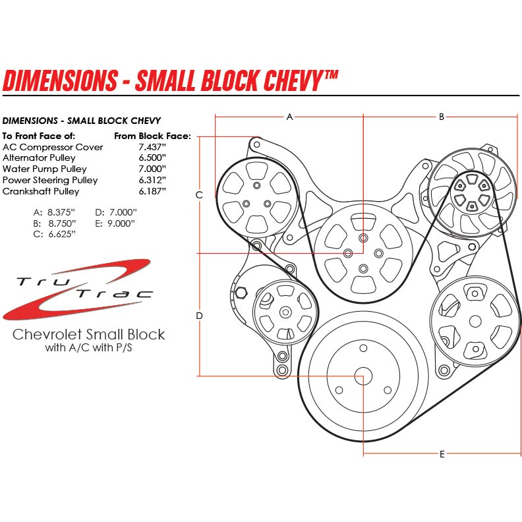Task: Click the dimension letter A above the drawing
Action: click(289, 117)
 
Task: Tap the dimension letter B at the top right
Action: click(442, 117)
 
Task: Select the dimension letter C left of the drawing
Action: click(199, 195)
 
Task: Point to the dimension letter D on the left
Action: click(199, 316)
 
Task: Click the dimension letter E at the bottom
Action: click(442, 454)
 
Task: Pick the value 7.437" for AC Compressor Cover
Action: click(152, 147)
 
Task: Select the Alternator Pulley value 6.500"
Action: click(152, 158)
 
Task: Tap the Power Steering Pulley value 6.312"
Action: click(152, 180)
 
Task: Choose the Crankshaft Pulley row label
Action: click(41, 191)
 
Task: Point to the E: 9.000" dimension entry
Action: click(115, 223)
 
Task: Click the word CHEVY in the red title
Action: click(291, 80)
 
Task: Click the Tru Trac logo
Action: click(79, 289)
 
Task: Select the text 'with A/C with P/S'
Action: click(89, 347)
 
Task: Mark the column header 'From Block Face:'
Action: click(152, 136)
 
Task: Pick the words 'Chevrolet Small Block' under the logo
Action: click(89, 334)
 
